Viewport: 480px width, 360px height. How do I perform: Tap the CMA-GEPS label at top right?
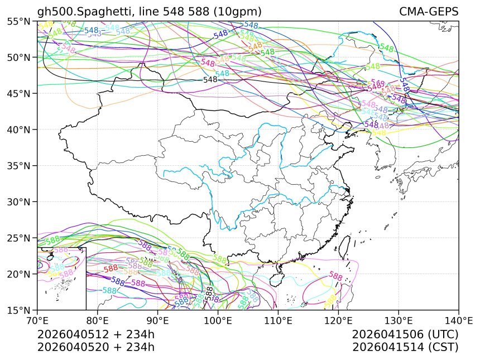click(x=429, y=12)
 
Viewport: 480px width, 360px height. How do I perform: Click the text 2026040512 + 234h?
click(x=95, y=334)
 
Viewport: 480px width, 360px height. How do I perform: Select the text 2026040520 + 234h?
click(x=95, y=347)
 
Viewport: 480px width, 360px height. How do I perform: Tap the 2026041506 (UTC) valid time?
click(x=405, y=334)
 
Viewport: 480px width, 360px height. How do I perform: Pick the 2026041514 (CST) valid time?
click(x=405, y=347)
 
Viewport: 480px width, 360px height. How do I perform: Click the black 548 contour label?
click(x=210, y=80)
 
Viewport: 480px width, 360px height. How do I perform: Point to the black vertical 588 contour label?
click(x=209, y=294)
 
